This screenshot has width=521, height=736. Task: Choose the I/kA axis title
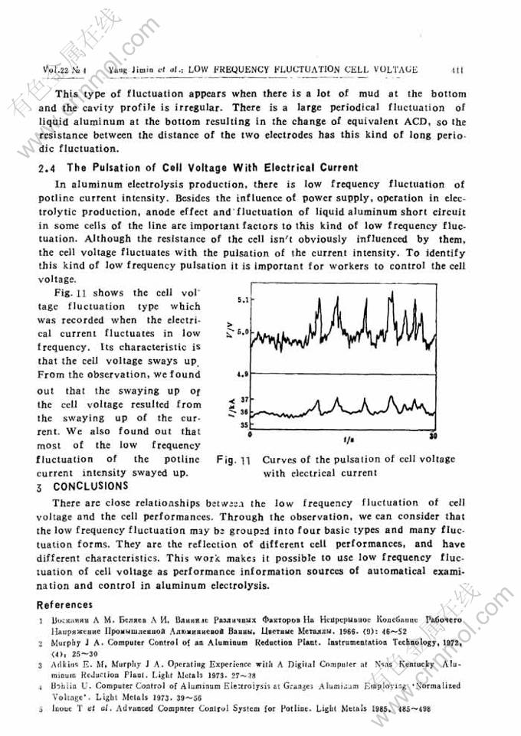coord(232,411)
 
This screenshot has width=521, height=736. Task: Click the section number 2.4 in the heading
coord(47,168)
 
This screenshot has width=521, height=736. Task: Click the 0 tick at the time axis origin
coord(254,434)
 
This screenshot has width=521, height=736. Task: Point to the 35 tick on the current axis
coord(245,424)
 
